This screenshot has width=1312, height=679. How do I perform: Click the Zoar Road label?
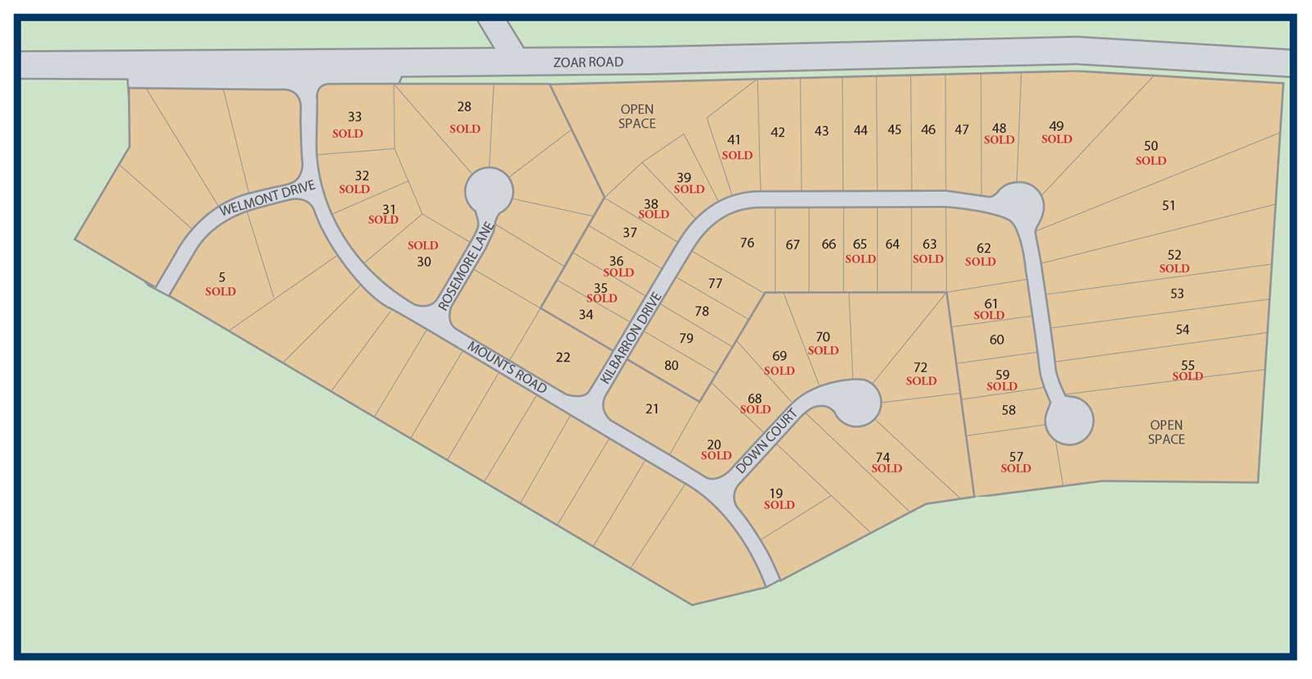coord(588,62)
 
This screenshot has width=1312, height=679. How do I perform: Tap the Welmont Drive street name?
coord(267,199)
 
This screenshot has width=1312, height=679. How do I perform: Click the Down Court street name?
coord(766,442)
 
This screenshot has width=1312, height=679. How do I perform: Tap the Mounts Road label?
coord(507,367)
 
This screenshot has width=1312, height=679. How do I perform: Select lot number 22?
coord(563,358)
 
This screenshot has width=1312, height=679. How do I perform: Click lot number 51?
coord(1168,206)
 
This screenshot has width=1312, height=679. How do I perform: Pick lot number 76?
coord(746,243)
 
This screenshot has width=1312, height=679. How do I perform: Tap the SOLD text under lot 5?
coord(221,291)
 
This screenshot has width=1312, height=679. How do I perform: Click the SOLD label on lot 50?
coord(1150,161)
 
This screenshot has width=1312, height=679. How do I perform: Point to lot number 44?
coord(859,130)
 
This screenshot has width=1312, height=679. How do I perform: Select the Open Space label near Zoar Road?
coord(636,116)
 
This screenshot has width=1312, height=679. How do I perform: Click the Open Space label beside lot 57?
coord(1165,431)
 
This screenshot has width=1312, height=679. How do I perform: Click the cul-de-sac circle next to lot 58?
coord(1069,420)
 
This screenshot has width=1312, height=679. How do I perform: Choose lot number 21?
coord(652,408)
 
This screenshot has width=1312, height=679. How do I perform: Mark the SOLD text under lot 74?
coord(886,468)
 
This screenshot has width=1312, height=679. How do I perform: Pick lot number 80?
coord(671,366)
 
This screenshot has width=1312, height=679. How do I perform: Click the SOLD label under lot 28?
coord(465,129)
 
